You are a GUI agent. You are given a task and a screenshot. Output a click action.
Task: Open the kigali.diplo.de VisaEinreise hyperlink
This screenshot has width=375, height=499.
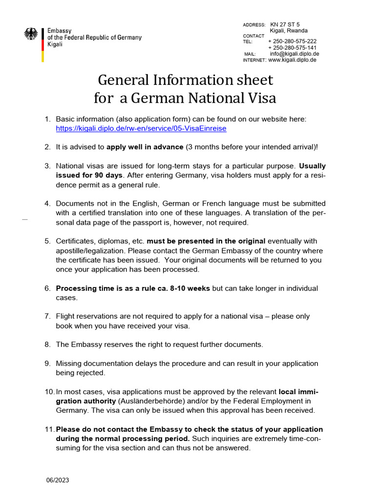coord(141,129)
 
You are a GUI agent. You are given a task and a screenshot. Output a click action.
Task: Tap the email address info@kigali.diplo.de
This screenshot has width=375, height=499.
coord(294,54)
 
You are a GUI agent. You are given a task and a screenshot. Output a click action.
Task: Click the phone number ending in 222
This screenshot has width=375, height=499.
coord(292,41)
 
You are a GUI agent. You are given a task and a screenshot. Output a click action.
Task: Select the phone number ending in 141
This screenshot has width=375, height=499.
coord(292,48)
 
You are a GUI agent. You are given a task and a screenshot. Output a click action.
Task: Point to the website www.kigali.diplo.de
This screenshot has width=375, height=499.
coord(292,60)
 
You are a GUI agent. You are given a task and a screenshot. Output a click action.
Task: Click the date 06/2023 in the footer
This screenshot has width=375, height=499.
coord(58,480)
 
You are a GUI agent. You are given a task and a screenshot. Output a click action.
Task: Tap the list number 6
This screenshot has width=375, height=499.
coord(47,288)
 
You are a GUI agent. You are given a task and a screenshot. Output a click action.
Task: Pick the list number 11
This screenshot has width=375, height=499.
coord(49,430)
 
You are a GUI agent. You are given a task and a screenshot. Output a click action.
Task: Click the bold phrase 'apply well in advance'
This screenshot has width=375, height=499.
coord(145,147)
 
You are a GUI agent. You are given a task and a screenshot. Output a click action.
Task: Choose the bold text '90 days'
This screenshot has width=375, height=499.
coord(106,175)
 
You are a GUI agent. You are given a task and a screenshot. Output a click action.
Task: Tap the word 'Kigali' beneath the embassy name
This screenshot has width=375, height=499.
coord(55,44)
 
